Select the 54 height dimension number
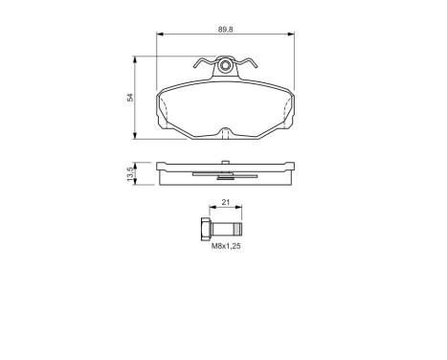(x=130, y=98)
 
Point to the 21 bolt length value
(x=226, y=203)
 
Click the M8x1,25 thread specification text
(x=225, y=246)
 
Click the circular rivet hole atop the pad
(x=226, y=67)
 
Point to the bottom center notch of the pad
(x=226, y=131)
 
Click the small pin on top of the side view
(x=226, y=160)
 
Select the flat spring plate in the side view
(x=225, y=174)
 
